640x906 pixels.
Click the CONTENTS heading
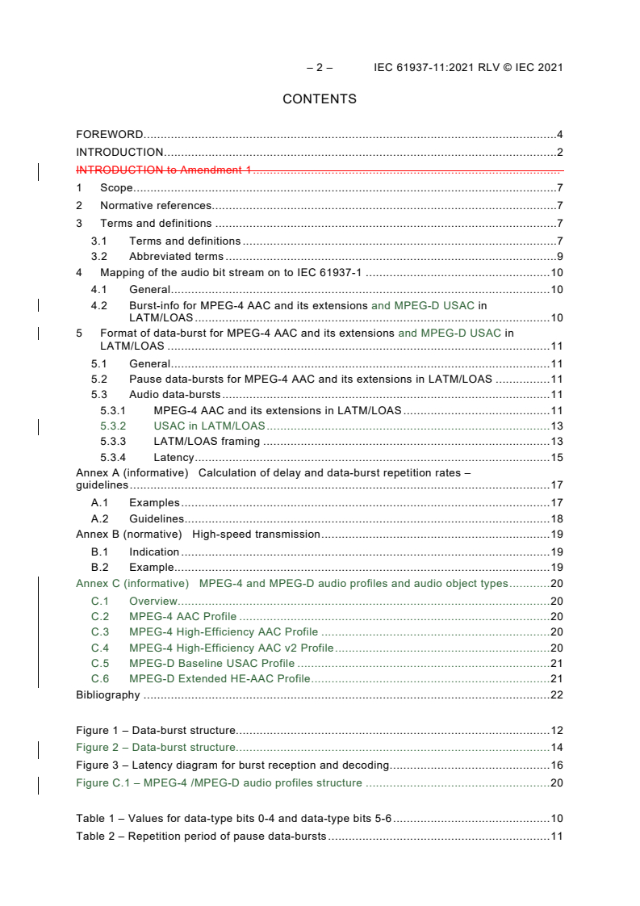click(320, 99)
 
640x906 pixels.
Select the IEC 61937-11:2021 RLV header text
click(468, 68)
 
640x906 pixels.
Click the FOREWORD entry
click(110, 134)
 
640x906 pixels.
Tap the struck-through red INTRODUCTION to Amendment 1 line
click(165, 170)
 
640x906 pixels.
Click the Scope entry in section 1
click(116, 188)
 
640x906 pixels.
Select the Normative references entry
click(156, 206)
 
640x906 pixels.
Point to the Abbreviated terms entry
click(176, 257)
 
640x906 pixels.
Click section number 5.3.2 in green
click(114, 426)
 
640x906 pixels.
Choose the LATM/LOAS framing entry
click(207, 442)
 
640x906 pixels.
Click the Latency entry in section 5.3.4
click(174, 458)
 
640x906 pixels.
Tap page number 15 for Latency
click(556, 458)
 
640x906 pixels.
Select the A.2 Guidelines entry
click(157, 518)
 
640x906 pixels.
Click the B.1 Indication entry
click(154, 552)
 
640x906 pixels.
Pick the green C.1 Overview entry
click(153, 601)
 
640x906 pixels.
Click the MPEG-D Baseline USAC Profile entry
click(211, 663)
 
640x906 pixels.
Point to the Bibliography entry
click(108, 695)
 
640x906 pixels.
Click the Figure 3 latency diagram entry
click(232, 765)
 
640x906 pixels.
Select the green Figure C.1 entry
click(219, 782)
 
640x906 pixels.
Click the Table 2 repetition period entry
click(201, 836)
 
